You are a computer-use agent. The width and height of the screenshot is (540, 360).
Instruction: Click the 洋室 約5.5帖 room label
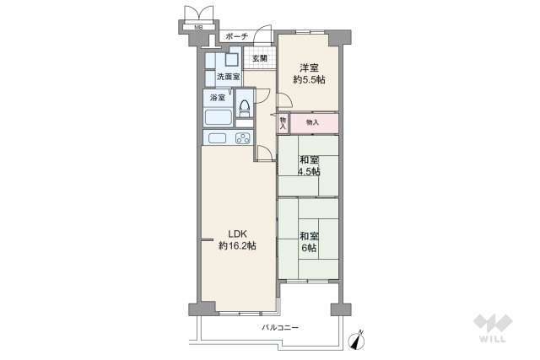[309, 73]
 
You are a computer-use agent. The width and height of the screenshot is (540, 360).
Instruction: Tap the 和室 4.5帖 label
[309, 165]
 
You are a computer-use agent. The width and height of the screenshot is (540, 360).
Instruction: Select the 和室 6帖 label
[308, 242]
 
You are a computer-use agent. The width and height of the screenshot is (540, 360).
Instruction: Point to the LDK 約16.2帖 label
[236, 239]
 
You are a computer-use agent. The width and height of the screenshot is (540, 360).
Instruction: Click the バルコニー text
[279, 327]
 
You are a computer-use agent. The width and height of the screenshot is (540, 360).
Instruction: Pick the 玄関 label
[258, 58]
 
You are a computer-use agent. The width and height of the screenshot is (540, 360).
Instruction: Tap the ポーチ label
[237, 37]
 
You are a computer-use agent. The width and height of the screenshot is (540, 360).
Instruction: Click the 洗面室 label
[228, 77]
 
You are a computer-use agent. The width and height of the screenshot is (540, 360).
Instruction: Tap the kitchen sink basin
[215, 137]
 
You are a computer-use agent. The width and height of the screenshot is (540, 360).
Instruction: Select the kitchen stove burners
[243, 137]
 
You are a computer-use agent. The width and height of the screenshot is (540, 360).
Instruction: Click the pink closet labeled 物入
[313, 123]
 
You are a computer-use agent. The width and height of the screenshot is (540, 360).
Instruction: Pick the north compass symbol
[358, 339]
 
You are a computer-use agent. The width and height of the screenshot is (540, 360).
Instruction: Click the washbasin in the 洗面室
[231, 60]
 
